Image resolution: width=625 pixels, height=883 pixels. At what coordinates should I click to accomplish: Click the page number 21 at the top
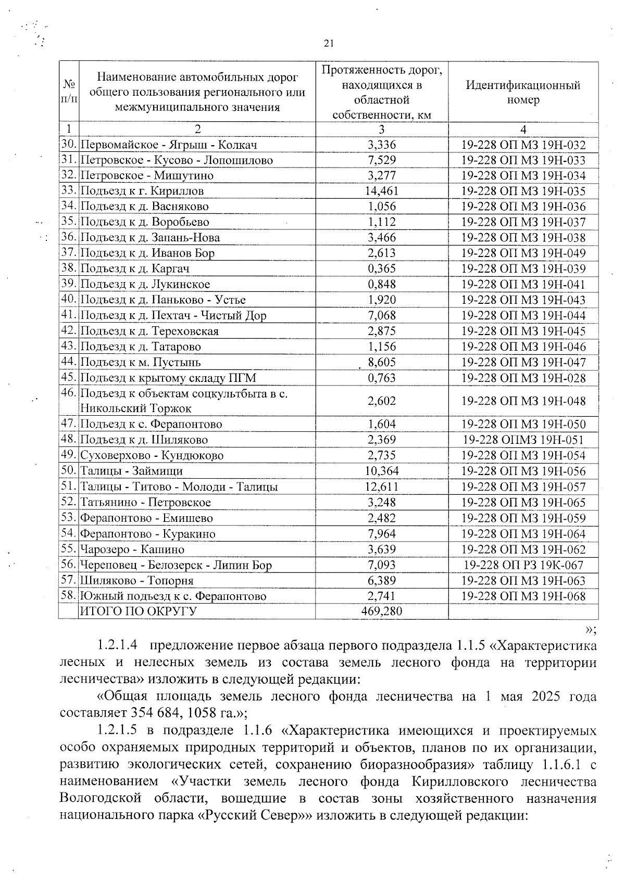tap(328, 44)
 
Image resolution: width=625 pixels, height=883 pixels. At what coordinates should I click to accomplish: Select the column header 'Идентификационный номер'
tap(523, 92)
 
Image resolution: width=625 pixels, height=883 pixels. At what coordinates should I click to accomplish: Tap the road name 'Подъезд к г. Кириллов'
tap(142, 191)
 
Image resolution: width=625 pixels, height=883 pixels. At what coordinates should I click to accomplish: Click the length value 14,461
tap(382, 191)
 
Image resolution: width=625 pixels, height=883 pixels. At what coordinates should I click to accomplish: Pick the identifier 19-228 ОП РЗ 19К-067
tap(523, 565)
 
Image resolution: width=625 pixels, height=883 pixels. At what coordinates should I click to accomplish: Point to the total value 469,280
tap(382, 611)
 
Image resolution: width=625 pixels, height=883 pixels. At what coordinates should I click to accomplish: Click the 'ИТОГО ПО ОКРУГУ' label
tap(138, 611)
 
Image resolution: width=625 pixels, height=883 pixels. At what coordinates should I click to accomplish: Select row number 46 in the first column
tap(69, 393)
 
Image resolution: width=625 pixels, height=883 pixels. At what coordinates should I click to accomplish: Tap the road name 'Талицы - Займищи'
tap(131, 471)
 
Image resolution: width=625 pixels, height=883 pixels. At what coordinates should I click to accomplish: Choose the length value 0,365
tap(382, 269)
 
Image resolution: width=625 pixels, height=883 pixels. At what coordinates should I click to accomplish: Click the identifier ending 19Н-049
tap(523, 253)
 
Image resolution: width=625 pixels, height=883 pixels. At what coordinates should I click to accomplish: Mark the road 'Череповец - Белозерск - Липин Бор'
tap(176, 565)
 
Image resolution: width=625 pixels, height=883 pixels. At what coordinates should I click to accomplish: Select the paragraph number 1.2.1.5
tap(118, 731)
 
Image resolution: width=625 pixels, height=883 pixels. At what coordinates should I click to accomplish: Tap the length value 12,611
tap(382, 487)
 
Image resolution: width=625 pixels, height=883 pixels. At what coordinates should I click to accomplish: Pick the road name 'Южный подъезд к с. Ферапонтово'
tap(173, 596)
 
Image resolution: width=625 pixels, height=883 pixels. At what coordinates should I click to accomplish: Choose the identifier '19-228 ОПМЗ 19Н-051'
tap(523, 440)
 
